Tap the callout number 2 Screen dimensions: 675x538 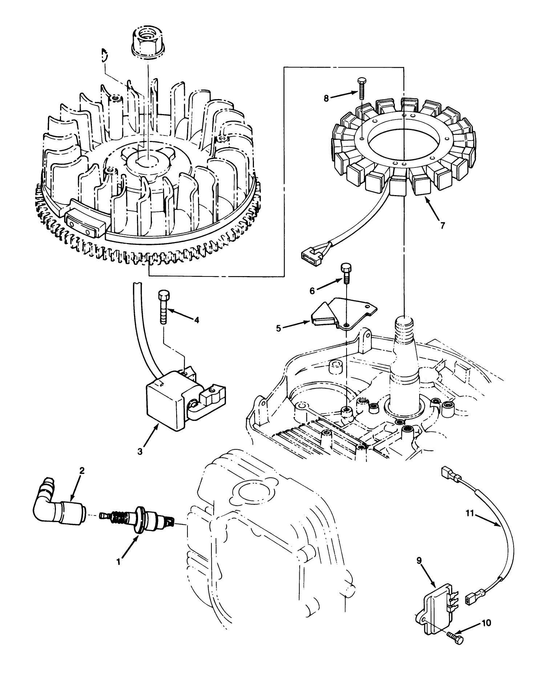click(x=82, y=471)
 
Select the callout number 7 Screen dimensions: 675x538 click(x=442, y=225)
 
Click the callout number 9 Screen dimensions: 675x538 click(x=419, y=561)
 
